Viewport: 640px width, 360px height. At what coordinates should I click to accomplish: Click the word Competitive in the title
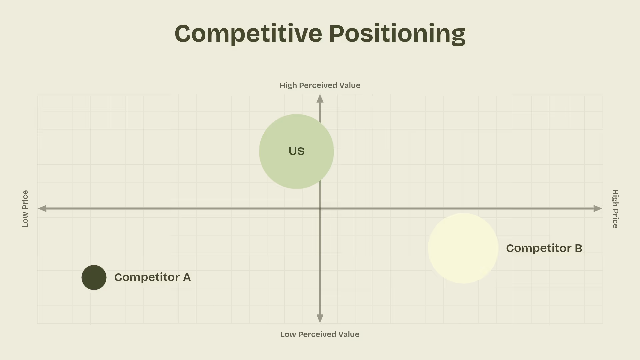pyautogui.click(x=248, y=33)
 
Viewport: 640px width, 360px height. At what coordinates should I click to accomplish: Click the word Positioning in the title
pyautogui.click(x=397, y=34)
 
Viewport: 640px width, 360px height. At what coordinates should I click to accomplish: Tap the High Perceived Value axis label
pyautogui.click(x=320, y=85)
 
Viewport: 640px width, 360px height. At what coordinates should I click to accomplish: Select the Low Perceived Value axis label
pyautogui.click(x=320, y=334)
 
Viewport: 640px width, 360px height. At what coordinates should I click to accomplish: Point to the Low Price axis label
pyautogui.click(x=25, y=209)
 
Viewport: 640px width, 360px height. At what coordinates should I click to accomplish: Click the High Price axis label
pyautogui.click(x=615, y=209)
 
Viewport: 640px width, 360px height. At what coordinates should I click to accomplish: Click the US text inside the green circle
pyautogui.click(x=296, y=151)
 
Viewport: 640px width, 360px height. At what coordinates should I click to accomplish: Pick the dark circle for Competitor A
pyautogui.click(x=94, y=277)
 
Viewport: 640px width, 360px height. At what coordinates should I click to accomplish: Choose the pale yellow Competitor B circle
pyautogui.click(x=463, y=248)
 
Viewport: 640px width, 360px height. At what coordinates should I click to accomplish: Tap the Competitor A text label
pyautogui.click(x=152, y=277)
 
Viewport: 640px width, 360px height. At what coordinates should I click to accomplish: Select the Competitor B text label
pyautogui.click(x=544, y=248)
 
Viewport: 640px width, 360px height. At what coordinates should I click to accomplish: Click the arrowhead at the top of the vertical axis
pyautogui.click(x=320, y=98)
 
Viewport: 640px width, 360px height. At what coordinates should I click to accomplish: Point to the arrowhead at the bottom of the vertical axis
pyautogui.click(x=320, y=319)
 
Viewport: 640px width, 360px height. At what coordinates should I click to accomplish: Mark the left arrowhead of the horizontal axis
pyautogui.click(x=42, y=209)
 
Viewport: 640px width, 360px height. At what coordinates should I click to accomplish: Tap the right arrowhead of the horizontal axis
pyautogui.click(x=598, y=209)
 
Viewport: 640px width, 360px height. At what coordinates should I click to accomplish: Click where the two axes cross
pyautogui.click(x=320, y=209)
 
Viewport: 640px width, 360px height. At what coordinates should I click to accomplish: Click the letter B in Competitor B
pyautogui.click(x=578, y=248)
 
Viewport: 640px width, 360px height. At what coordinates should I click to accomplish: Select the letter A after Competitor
pyautogui.click(x=187, y=277)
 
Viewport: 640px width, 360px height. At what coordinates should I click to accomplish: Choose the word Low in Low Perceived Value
pyautogui.click(x=288, y=334)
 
